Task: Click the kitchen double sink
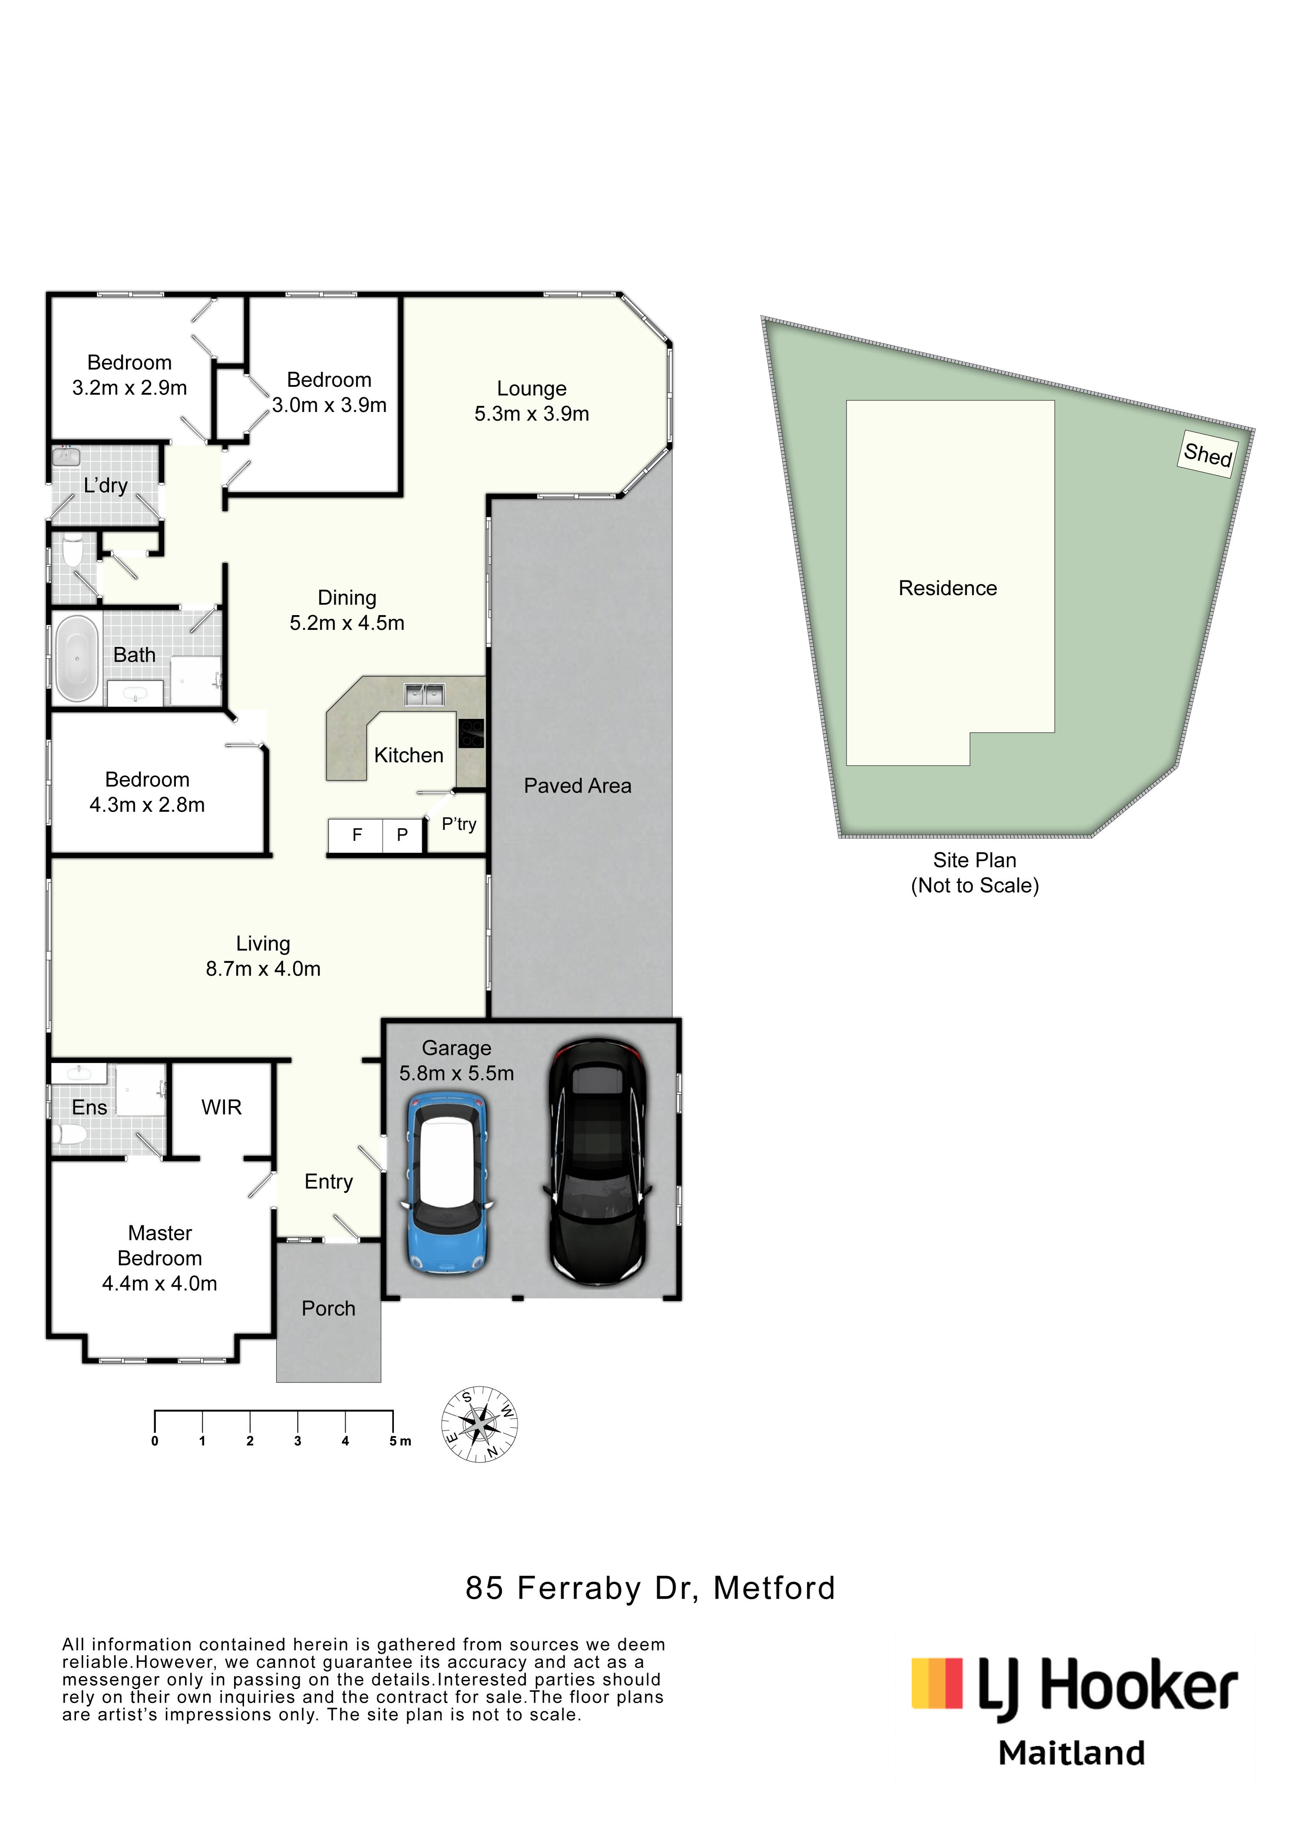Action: [x=425, y=694]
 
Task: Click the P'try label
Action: [x=459, y=825]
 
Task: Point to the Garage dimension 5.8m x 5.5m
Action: [x=456, y=1074]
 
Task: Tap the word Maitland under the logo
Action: [x=1071, y=1754]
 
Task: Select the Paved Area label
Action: [x=577, y=786]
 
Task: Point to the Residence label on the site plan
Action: [x=947, y=588]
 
